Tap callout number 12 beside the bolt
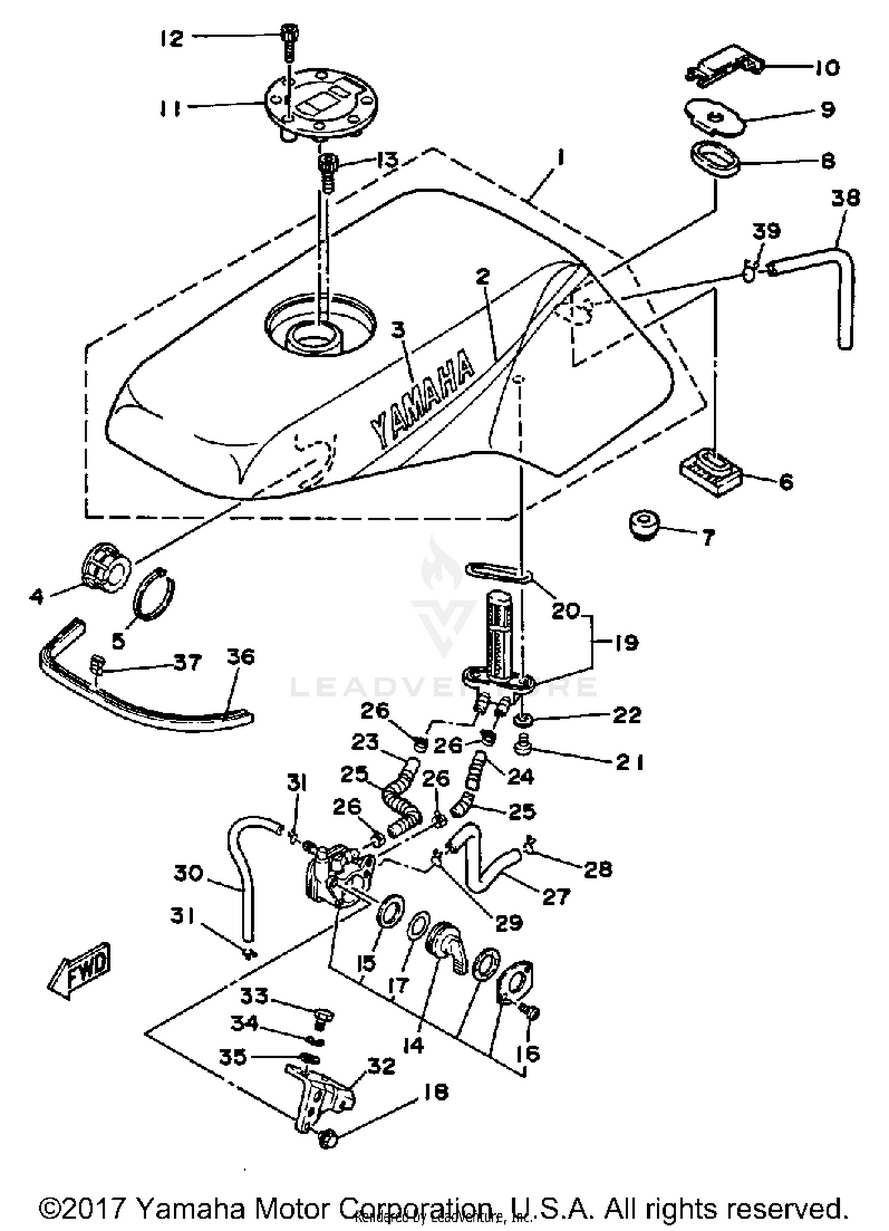(x=171, y=39)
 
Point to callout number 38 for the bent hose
(x=845, y=198)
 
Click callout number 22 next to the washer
(x=626, y=715)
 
